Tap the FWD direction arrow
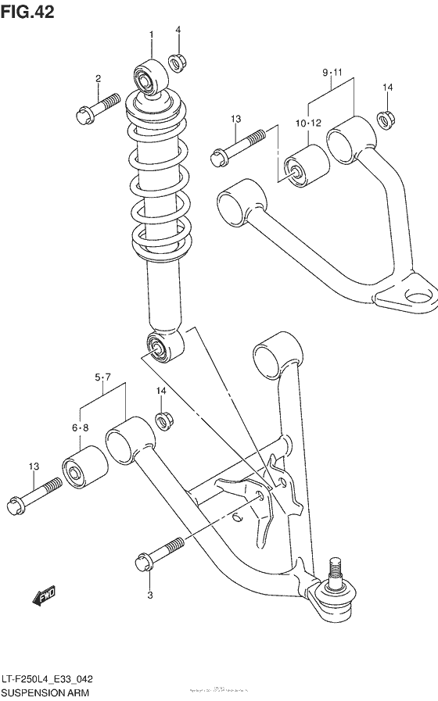(x=44, y=597)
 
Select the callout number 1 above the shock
(x=152, y=34)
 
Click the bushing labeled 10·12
(x=306, y=167)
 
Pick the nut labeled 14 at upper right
(x=386, y=119)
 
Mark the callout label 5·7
(x=102, y=378)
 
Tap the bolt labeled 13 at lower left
(x=36, y=495)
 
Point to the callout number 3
(x=151, y=595)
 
